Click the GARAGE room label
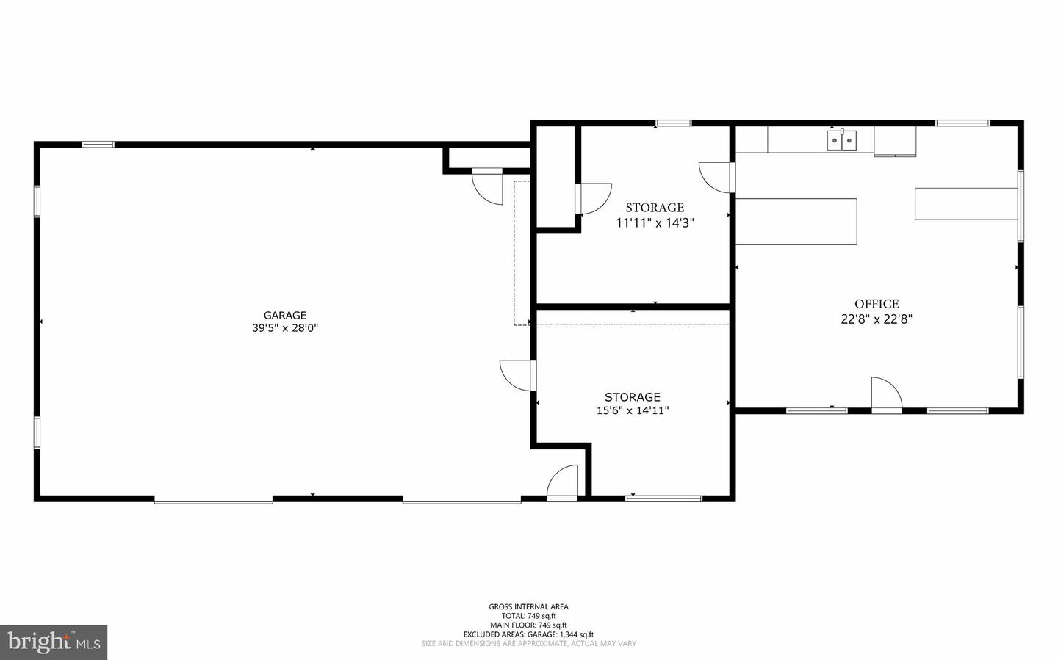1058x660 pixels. click(x=285, y=316)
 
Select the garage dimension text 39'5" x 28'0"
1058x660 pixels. click(x=285, y=328)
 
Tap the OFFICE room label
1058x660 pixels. click(x=877, y=304)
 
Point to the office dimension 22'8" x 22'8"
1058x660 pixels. click(x=877, y=319)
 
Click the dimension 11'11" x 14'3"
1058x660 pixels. click(x=655, y=222)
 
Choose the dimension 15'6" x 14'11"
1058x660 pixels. click(x=633, y=410)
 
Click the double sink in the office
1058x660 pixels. click(x=842, y=139)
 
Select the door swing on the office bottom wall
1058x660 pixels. click(x=885, y=394)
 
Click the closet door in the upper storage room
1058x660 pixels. click(x=594, y=198)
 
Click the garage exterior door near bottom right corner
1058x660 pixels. click(x=564, y=482)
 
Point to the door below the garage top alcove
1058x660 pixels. click(x=486, y=186)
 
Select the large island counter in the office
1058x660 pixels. click(x=796, y=221)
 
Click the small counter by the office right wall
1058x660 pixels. click(x=965, y=203)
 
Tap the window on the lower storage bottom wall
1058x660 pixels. click(x=663, y=498)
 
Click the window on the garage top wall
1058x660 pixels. click(x=98, y=145)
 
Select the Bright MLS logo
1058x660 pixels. click(x=54, y=642)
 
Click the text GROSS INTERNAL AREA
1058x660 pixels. click(x=528, y=606)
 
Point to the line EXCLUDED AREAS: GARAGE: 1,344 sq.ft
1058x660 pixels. click(x=528, y=634)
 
